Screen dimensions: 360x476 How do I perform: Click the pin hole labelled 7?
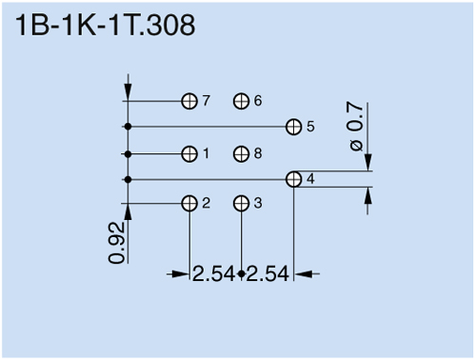click(189, 101)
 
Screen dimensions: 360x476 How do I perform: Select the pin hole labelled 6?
click(241, 101)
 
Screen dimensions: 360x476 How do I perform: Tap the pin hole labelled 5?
click(294, 126)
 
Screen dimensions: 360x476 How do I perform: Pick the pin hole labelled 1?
click(189, 153)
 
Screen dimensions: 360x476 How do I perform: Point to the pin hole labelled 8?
click(241, 153)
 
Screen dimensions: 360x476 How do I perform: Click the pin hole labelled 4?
click(294, 179)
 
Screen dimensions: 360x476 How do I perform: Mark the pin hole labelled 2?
click(189, 203)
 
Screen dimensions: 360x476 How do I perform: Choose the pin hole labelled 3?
click(241, 203)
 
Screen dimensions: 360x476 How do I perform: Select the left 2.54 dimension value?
click(214, 274)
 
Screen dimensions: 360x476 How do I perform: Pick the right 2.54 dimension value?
click(268, 274)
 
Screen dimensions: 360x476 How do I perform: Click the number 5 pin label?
click(310, 127)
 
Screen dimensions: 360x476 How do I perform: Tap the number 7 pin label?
click(206, 101)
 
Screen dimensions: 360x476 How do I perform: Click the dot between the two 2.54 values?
click(241, 274)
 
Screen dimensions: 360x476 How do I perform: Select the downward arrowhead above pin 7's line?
click(128, 89)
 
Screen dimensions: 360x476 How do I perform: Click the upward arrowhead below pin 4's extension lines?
click(370, 196)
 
